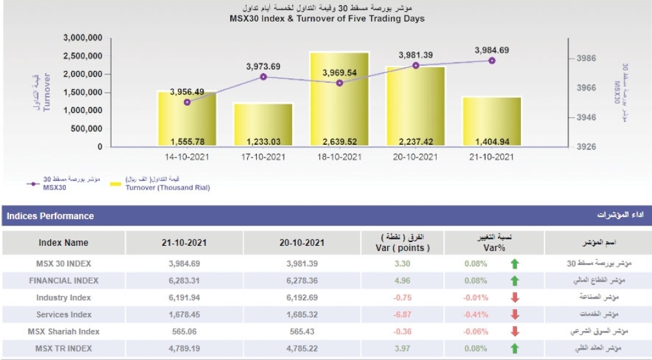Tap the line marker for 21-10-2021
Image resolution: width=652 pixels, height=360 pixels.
coord(492,61)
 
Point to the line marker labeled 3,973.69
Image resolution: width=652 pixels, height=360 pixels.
coord(263,77)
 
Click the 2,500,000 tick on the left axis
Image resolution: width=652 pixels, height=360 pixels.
coord(82,56)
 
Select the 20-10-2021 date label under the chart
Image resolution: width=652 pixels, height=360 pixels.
coord(415,157)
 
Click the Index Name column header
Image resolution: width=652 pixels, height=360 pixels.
coord(63,243)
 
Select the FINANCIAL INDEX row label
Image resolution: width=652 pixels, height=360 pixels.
coord(63,280)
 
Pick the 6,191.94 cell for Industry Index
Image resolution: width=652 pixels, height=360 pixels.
coord(185,297)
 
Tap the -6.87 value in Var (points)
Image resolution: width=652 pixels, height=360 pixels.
coord(402,314)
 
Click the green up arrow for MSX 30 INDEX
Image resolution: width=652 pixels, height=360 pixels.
coord(514,263)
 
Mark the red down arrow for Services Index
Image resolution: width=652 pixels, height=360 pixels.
coord(514,314)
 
